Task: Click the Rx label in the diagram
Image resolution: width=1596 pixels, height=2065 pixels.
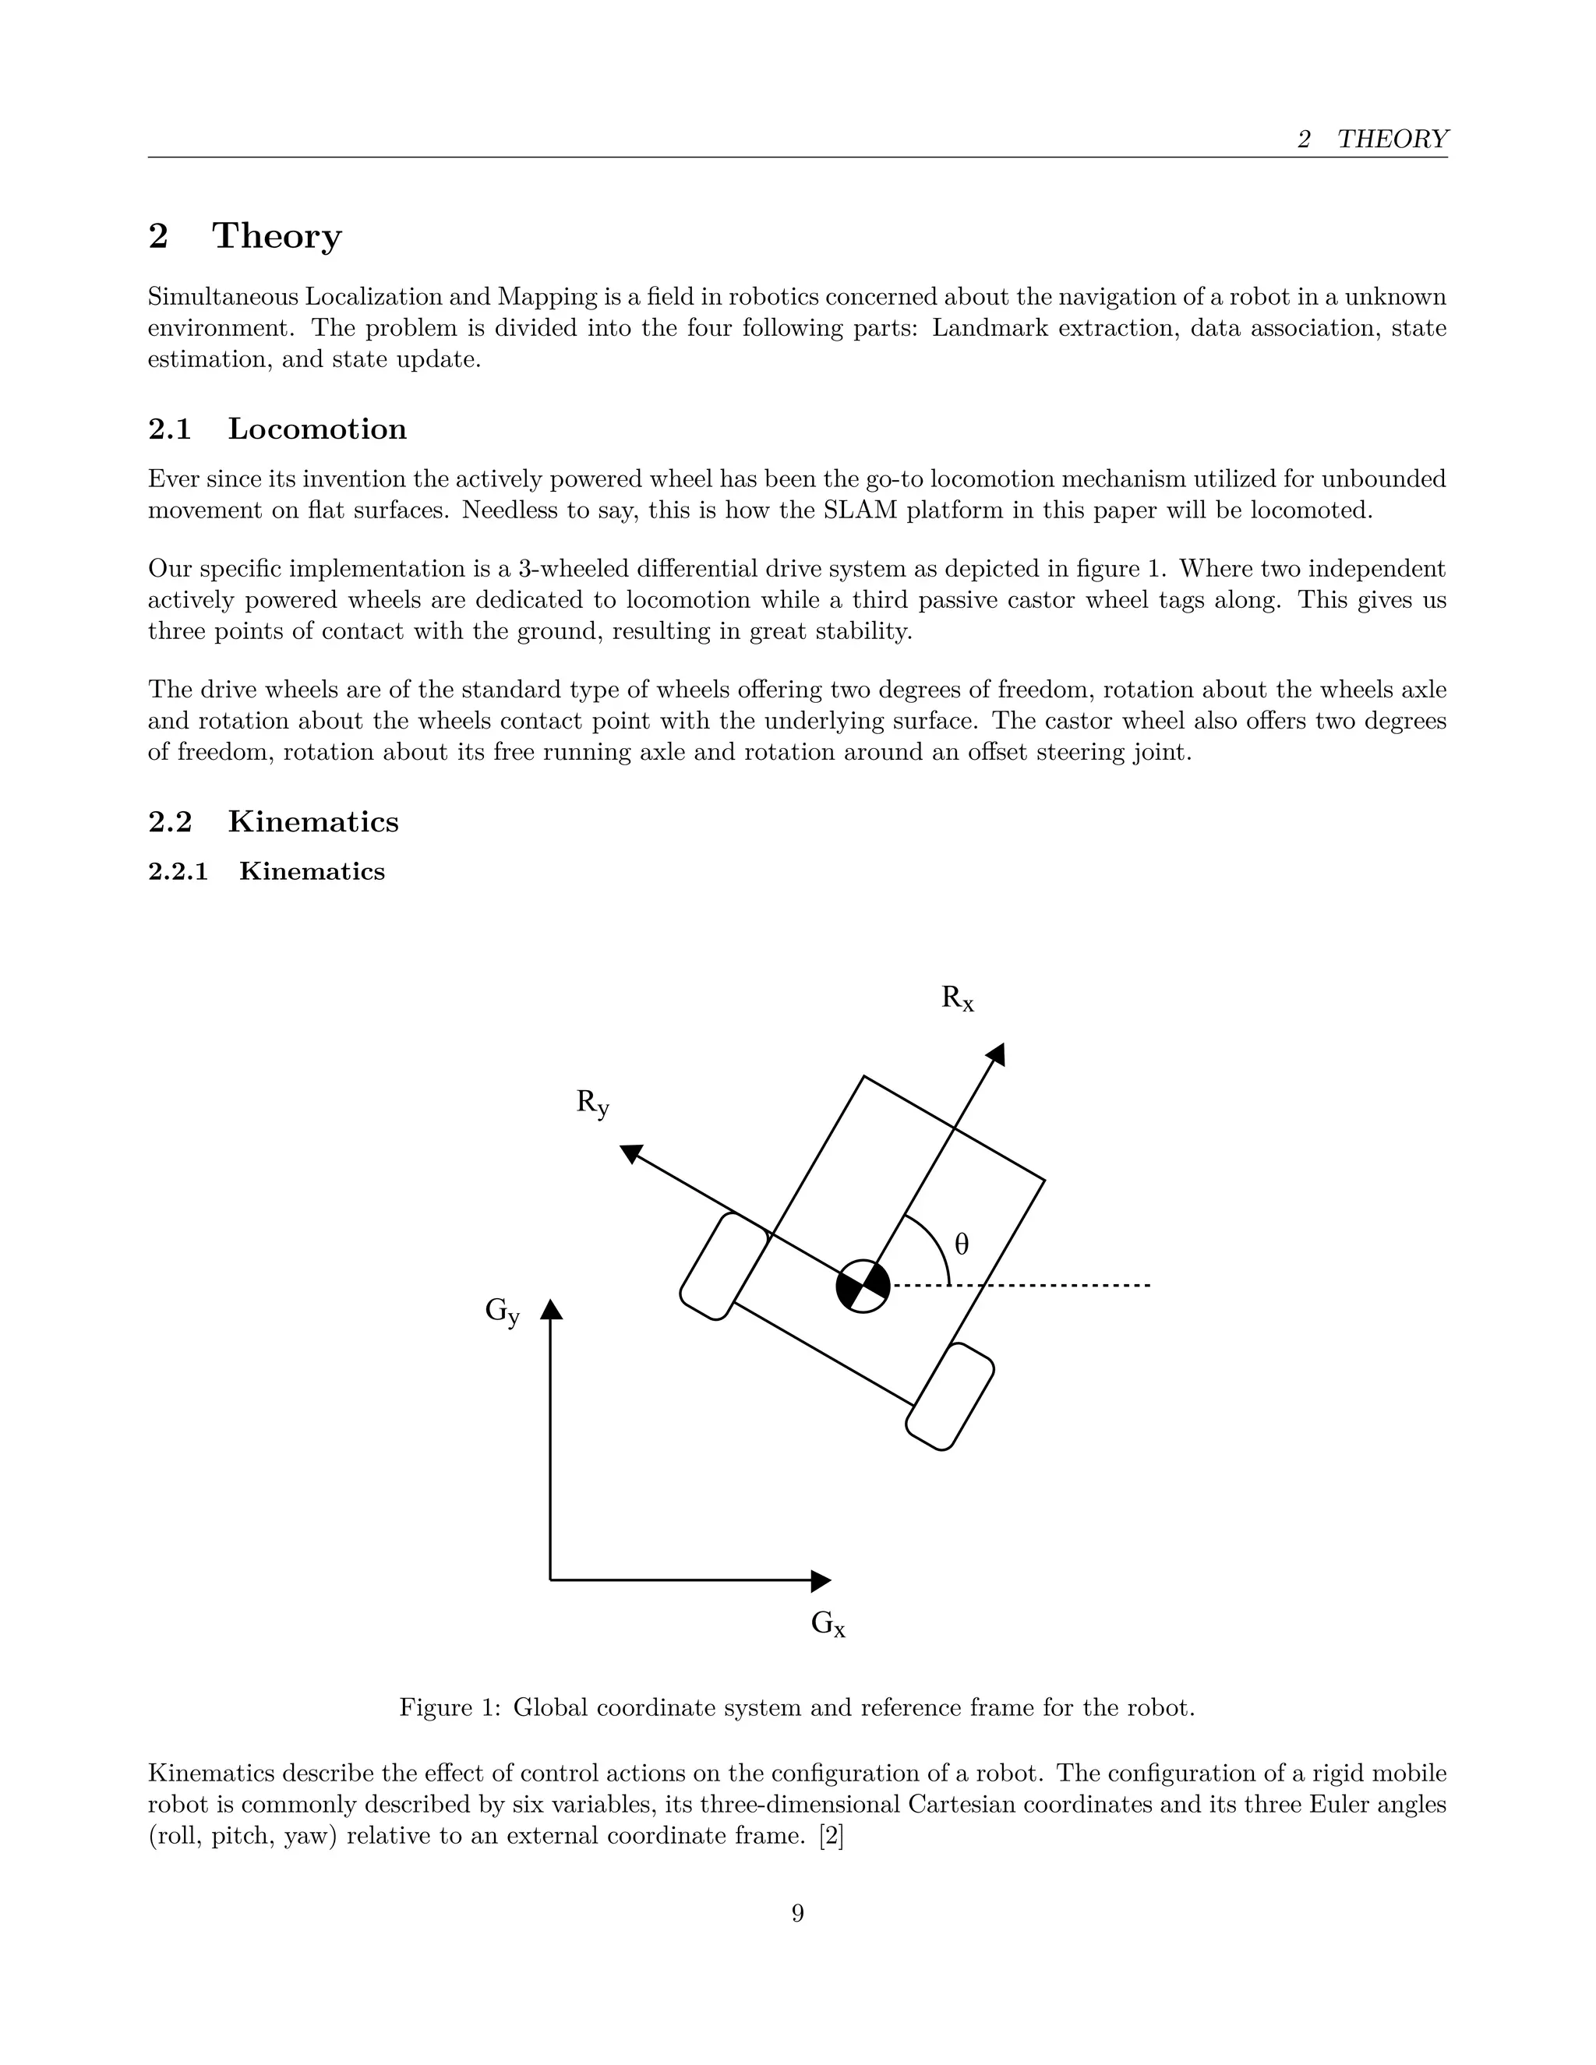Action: (957, 1000)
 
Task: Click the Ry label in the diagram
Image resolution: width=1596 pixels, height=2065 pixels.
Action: (593, 1103)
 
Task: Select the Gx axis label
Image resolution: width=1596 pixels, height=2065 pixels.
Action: (828, 1625)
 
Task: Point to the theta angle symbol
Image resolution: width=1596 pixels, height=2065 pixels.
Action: (962, 1244)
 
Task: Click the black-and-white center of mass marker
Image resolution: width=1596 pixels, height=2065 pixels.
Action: (863, 1286)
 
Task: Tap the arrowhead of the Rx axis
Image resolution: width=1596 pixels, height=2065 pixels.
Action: (997, 1054)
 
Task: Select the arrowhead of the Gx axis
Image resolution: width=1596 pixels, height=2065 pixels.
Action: (821, 1580)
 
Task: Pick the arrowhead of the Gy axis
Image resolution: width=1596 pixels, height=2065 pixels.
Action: (551, 1310)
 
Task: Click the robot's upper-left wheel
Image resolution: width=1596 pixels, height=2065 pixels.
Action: (724, 1266)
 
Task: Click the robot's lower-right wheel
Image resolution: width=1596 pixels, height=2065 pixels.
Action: (950, 1396)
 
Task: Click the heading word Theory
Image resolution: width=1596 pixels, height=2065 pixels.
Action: (276, 236)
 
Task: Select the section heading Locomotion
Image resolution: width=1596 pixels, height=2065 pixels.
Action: (316, 429)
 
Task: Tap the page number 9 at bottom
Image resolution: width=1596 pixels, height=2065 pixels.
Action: (797, 1914)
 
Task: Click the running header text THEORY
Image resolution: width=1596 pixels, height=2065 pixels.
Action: (1392, 139)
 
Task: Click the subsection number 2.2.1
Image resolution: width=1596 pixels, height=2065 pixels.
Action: (178, 872)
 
